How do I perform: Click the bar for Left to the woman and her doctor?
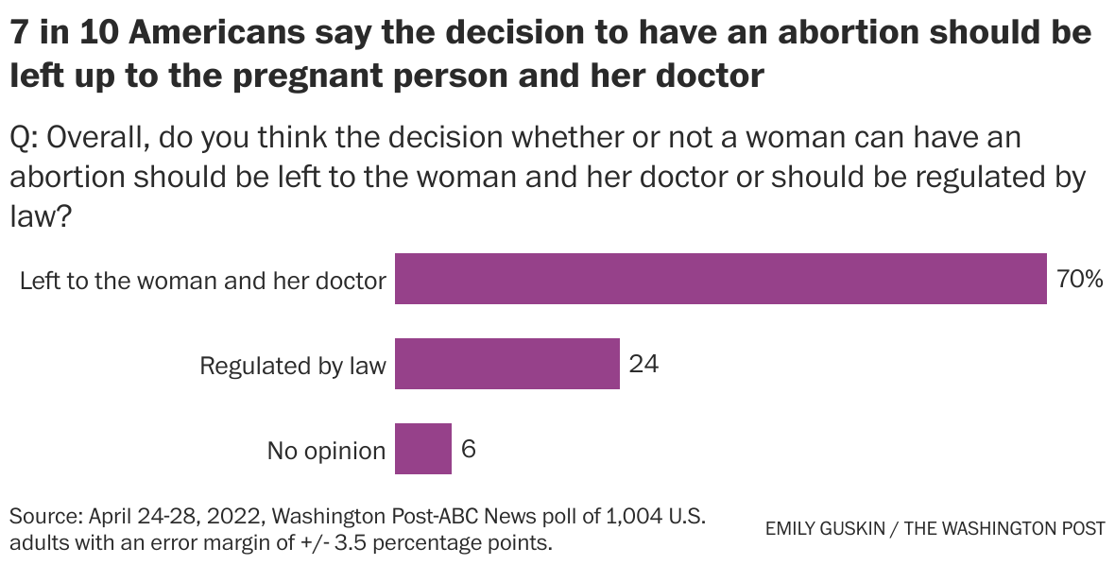[720, 279]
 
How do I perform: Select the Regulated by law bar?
[506, 364]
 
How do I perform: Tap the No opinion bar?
[422, 449]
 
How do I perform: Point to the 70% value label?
[1079, 279]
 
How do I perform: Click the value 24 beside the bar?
[643, 364]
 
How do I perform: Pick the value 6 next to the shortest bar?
[469, 449]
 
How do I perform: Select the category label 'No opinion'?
[326, 452]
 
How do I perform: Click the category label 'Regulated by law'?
[293, 367]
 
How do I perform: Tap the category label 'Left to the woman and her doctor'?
[203, 281]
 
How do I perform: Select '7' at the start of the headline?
[19, 33]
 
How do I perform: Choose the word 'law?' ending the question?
[41, 216]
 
